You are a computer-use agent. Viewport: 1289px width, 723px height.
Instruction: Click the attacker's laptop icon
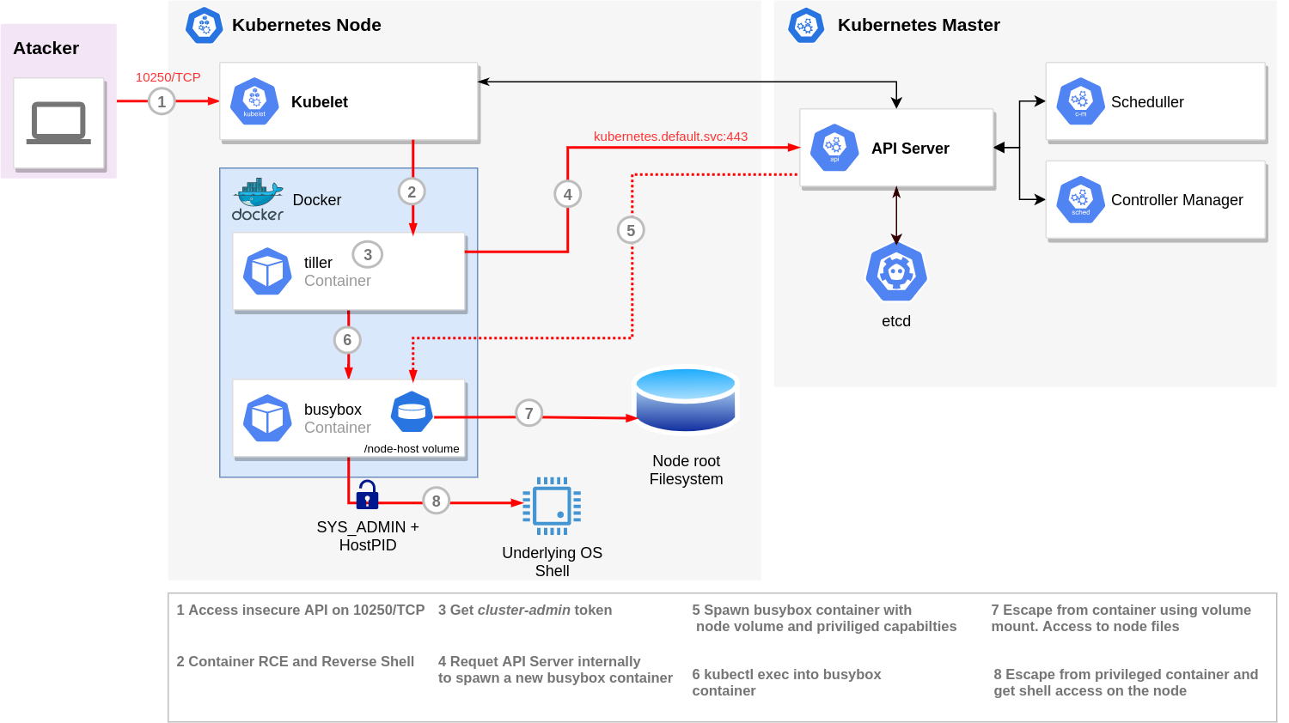tap(58, 123)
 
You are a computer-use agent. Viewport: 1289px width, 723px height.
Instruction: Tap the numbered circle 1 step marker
tap(162, 102)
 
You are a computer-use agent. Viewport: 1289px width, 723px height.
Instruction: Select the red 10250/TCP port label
tap(168, 77)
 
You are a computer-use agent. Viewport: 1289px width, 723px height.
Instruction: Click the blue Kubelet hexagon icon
tap(254, 102)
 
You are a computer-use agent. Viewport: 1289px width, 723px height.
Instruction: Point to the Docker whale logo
tap(257, 199)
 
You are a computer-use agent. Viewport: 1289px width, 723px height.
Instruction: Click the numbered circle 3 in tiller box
tap(368, 254)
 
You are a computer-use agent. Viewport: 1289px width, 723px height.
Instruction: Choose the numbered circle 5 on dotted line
tap(631, 231)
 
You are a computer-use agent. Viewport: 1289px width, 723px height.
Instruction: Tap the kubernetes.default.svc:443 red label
tap(670, 137)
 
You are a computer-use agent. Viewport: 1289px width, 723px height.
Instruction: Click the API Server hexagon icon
tap(834, 148)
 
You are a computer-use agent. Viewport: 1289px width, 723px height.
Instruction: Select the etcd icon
tap(896, 272)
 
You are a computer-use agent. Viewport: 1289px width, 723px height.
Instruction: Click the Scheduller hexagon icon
tap(1080, 101)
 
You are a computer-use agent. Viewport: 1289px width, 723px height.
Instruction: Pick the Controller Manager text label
tap(1176, 199)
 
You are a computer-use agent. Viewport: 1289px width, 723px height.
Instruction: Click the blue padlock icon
tap(367, 495)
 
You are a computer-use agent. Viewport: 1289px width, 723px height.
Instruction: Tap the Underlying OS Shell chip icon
tap(552, 506)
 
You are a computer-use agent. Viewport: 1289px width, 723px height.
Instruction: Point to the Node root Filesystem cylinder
tap(686, 399)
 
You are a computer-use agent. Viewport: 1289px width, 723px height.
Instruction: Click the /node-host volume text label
tap(412, 448)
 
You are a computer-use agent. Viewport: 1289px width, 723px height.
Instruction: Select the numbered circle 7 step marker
tap(528, 413)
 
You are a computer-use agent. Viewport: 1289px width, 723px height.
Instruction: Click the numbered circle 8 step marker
tap(437, 501)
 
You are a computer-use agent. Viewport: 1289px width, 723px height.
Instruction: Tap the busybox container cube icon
tap(267, 418)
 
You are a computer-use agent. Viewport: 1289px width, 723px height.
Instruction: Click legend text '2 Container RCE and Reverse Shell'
tap(296, 661)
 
